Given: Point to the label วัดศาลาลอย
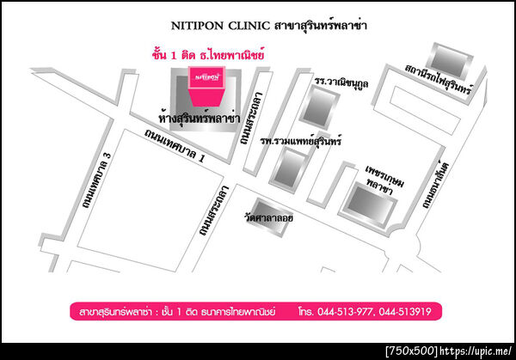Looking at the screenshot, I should click(x=269, y=218).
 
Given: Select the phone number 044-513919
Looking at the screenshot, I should click(x=411, y=310).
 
